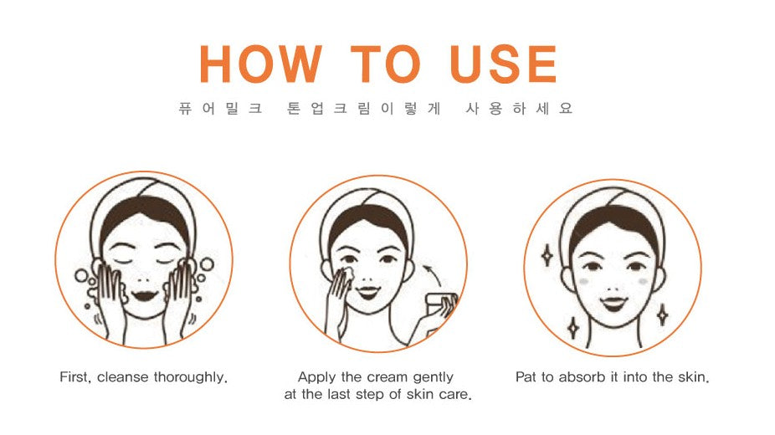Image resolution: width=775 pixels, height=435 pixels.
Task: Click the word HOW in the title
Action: (261, 64)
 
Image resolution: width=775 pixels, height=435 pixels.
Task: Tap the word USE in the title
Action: (504, 64)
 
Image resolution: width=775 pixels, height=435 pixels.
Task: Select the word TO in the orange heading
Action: (386, 64)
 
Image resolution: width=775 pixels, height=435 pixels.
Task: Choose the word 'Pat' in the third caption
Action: (526, 377)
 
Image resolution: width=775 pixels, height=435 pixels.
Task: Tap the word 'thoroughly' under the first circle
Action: (190, 378)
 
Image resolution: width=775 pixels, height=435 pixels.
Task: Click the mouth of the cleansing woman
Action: (144, 296)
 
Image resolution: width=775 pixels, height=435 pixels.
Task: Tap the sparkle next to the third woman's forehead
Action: (547, 255)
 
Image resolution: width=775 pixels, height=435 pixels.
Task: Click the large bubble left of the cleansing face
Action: (81, 275)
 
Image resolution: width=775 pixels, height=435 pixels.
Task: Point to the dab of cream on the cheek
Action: (348, 273)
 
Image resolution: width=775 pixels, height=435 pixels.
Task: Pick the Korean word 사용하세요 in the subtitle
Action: (519, 108)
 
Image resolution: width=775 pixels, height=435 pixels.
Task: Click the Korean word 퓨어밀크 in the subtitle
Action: (220, 108)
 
